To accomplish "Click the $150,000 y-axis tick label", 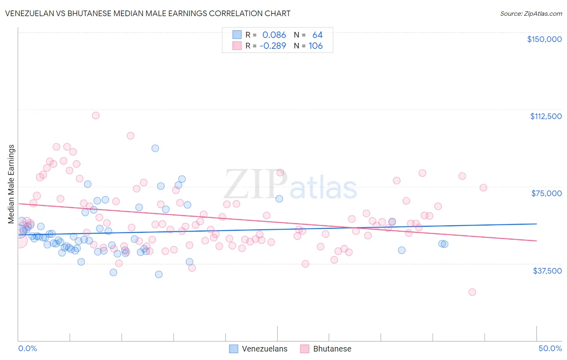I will pos(544,39).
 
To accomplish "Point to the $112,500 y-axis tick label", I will pos(546,116).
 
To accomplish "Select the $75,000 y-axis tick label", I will pos(546,193).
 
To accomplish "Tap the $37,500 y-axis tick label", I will pos(547,271).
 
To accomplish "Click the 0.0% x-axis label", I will pos(27,348).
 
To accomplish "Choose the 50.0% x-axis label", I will pos(550,348).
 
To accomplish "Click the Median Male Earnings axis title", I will pos(11,184).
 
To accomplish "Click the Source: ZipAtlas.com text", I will pos(531,13).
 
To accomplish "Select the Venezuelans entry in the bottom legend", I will pos(264,349).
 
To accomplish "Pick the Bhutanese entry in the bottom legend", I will pos(332,349).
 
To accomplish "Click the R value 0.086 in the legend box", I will pos(274,35).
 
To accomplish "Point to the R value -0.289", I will pos(273,46).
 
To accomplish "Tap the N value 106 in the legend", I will pos(315,46).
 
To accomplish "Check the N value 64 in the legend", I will pos(317,35).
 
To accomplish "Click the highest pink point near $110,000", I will pos(96,115).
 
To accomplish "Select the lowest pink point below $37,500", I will pos(472,292).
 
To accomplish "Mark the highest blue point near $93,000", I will pos(155,148).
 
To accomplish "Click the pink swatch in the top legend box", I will pos(237,46).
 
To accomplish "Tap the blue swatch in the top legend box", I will pos(237,35).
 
